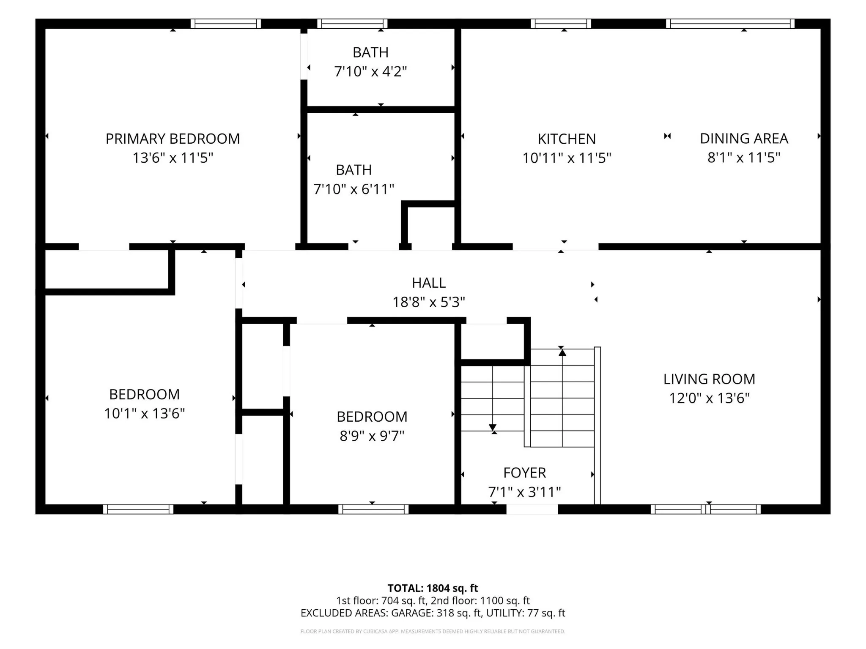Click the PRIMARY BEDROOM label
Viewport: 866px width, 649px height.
[173, 139]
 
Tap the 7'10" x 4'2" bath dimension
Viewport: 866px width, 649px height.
[370, 71]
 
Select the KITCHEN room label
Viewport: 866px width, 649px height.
[567, 139]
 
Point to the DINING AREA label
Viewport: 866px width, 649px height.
[744, 139]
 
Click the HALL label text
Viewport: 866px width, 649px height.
[429, 283]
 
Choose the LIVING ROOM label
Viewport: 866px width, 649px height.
[709, 379]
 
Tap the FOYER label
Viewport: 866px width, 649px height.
[524, 472]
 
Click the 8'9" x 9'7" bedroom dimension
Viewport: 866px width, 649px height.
[372, 436]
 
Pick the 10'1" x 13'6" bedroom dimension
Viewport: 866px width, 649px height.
[145, 413]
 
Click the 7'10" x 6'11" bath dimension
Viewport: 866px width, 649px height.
[354, 189]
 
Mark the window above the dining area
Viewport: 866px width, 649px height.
[730, 24]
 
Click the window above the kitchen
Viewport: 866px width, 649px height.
[561, 24]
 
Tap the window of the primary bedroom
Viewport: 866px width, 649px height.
[225, 24]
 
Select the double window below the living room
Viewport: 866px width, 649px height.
[705, 509]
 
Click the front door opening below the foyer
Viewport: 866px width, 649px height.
[532, 509]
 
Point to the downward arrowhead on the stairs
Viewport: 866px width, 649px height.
[493, 427]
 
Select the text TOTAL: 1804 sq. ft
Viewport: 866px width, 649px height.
[433, 588]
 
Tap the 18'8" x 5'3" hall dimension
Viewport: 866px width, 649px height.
[429, 302]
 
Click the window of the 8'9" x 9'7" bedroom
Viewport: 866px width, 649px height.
[373, 509]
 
